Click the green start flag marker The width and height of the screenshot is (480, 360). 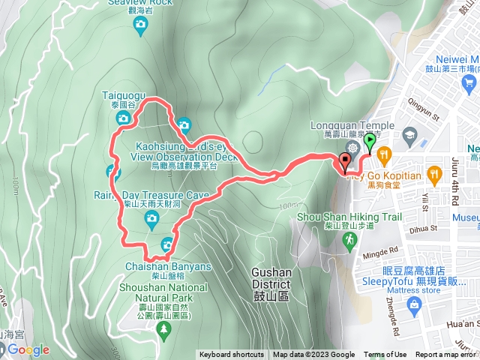(369, 141)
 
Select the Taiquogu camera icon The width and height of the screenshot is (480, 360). (124, 117)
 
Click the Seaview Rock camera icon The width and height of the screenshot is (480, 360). (139, 25)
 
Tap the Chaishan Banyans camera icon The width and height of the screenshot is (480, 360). (166, 243)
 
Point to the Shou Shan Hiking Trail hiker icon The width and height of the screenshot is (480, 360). (349, 239)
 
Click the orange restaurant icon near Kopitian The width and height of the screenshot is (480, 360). (384, 154)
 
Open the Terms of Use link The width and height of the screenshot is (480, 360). (385, 355)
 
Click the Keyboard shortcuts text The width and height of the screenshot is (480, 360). (231, 355)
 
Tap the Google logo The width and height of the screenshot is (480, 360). (28, 349)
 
